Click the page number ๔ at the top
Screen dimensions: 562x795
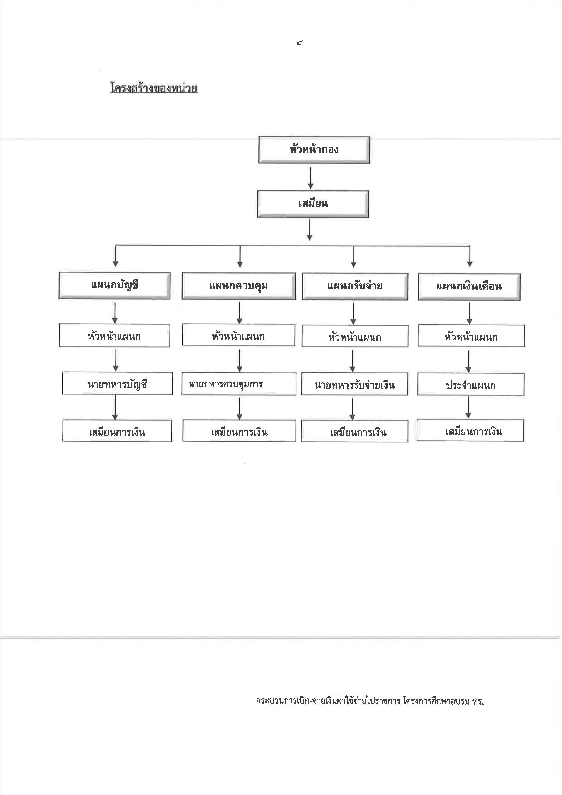300,43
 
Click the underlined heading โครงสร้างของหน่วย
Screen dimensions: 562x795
154,88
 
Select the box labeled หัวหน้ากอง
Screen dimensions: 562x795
314,150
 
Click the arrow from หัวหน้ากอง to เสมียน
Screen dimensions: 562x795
310,178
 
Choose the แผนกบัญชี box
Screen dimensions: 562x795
114,286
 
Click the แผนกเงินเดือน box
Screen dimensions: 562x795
469,287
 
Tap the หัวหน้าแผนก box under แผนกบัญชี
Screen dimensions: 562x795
114,336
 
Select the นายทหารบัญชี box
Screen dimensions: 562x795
117,383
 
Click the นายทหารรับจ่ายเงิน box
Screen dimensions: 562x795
355,384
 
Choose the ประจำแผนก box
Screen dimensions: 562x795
471,384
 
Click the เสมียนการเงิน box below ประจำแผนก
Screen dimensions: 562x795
470,430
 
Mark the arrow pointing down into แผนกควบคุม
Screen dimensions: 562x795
240,257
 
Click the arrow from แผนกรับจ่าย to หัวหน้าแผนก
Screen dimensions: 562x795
353,313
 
